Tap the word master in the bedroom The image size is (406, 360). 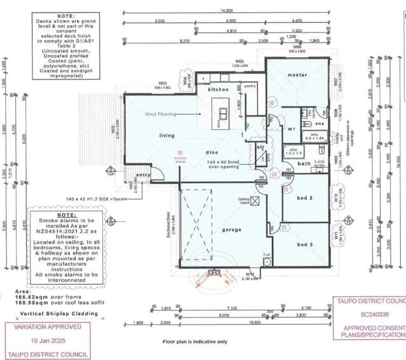coord(297,75)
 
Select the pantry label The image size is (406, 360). coord(250,85)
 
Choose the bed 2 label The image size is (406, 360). coord(306,198)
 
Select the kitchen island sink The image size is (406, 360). coord(224,113)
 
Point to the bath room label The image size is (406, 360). coord(304,163)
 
